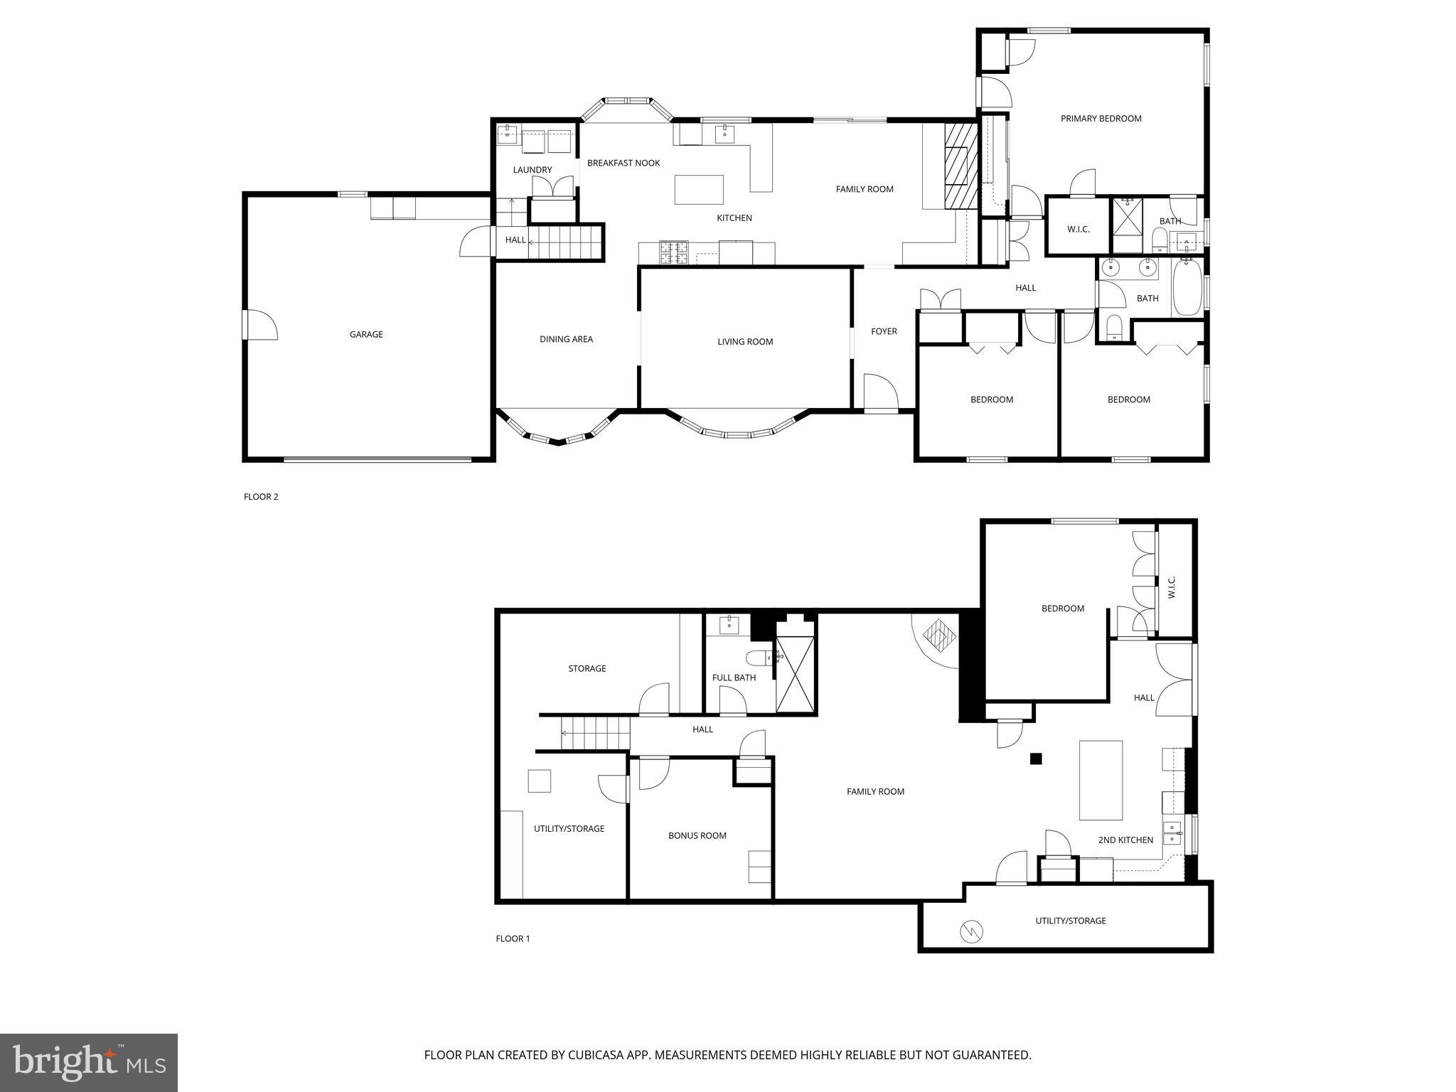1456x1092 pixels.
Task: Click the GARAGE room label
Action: tap(366, 334)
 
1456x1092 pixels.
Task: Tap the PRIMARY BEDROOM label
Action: tap(1101, 119)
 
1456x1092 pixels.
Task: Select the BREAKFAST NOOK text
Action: tap(623, 163)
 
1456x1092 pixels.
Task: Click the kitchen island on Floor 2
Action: tap(698, 189)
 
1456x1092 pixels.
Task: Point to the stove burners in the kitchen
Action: tap(674, 252)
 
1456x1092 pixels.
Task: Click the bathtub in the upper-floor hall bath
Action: tap(1186, 287)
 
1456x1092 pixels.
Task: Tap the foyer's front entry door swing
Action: tap(880, 392)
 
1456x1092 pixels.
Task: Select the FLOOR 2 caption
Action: tap(261, 497)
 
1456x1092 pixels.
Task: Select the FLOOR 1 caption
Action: tap(513, 938)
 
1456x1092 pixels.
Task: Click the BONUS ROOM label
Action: tap(697, 835)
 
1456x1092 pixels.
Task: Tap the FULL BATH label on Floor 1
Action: tap(734, 678)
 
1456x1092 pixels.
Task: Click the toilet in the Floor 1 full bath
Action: tap(756, 658)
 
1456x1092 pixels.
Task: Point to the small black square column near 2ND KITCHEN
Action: tap(1036, 759)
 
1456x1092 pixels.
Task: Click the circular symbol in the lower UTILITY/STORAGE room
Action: tap(971, 931)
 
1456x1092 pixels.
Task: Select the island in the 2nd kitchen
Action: tap(1101, 780)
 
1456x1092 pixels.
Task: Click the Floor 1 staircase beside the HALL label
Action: tap(595, 733)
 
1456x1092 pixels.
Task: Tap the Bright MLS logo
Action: tap(89, 1062)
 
